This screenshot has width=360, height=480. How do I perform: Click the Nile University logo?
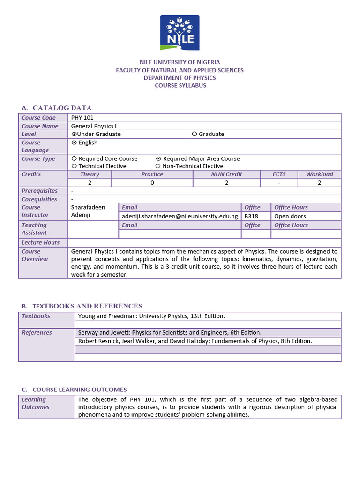tap(180, 33)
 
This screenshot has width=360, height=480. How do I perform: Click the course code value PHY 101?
tap(82, 118)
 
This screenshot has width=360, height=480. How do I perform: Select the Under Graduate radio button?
tap(74, 134)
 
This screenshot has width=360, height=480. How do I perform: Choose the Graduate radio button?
tap(195, 134)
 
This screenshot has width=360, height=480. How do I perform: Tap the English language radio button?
tap(74, 142)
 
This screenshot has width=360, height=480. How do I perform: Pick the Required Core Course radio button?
tap(74, 159)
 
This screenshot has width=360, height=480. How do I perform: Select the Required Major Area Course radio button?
tap(158, 159)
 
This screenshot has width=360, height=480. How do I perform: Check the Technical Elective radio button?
tap(74, 166)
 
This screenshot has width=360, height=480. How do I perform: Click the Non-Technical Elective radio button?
tap(158, 166)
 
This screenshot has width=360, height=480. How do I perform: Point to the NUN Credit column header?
tap(226, 174)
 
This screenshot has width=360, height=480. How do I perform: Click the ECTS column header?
tap(279, 174)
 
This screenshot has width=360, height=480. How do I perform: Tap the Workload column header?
tap(319, 174)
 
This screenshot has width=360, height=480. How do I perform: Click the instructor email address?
tap(180, 216)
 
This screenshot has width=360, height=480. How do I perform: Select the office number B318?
tap(251, 216)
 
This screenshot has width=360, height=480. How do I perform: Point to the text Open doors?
tap(291, 216)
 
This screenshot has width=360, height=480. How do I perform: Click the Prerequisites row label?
tap(40, 191)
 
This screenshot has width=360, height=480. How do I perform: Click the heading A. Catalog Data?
tap(57, 108)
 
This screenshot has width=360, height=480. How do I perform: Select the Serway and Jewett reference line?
tap(170, 333)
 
